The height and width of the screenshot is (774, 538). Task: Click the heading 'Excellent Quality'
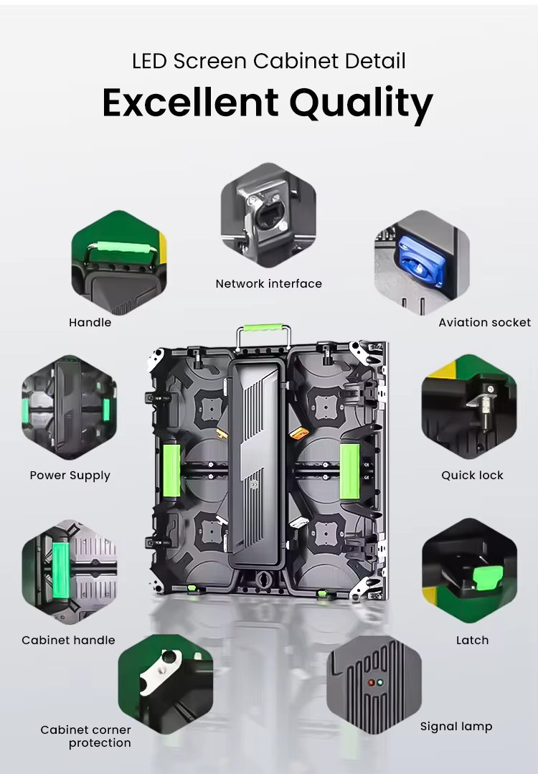(x=268, y=103)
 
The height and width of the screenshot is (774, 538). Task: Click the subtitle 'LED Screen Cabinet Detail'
(x=268, y=61)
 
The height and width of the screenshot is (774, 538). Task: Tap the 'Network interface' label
(x=268, y=284)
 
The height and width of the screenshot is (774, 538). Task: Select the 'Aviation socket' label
(x=485, y=322)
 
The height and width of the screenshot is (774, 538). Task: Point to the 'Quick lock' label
(x=472, y=475)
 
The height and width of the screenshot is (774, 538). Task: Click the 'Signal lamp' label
(x=456, y=727)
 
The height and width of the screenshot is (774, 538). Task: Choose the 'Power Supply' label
(x=70, y=476)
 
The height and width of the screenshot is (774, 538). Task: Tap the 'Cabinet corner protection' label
(x=86, y=736)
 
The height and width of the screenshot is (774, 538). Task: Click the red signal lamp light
(x=371, y=683)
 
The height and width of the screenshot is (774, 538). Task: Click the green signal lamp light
(x=379, y=683)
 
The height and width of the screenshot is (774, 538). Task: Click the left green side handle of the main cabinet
(x=171, y=471)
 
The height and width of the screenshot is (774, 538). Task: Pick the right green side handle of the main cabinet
(x=349, y=471)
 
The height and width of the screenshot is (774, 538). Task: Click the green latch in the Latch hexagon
(x=488, y=577)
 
